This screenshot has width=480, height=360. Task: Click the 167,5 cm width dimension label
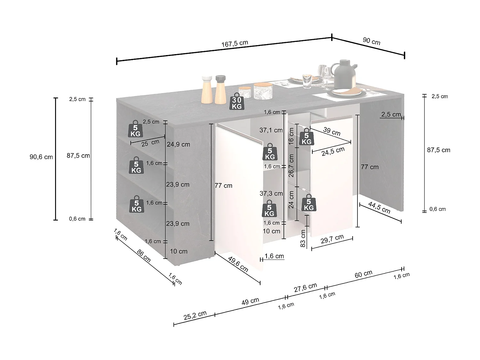[235, 44]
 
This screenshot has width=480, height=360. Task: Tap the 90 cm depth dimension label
[372, 41]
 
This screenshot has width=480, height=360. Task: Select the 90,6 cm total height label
[41, 157]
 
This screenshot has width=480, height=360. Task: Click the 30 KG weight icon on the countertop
[237, 102]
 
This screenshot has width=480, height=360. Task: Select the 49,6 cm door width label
[238, 264]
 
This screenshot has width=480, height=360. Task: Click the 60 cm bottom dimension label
[364, 274]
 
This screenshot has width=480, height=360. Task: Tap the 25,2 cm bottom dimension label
[195, 316]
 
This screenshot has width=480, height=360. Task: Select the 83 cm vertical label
[303, 238]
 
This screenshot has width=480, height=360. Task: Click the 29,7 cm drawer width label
[332, 239]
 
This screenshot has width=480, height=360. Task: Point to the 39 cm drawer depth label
[332, 131]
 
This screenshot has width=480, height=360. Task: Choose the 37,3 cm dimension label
[271, 193]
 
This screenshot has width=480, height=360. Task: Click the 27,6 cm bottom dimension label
[305, 287]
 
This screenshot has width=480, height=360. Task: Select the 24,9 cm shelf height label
[178, 144]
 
